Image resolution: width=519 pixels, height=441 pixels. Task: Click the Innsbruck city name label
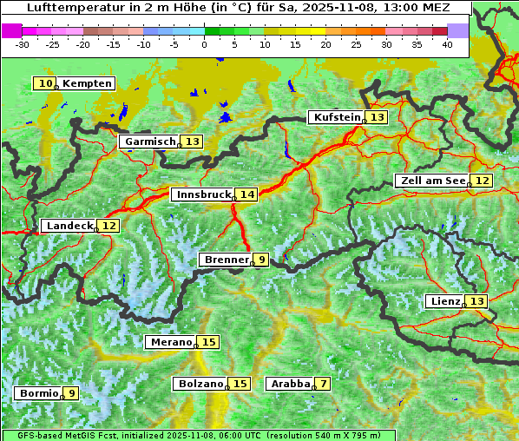[202, 194]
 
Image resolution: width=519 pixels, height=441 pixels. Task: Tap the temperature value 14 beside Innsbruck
[248, 194]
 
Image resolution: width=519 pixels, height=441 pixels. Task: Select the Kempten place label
[87, 83]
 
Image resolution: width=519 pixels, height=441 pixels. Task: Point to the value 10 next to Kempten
[45, 83]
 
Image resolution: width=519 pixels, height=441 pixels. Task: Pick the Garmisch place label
[149, 142]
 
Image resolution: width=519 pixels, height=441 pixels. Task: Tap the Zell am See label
[431, 181]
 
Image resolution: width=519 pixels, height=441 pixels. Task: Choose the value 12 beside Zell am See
[483, 181]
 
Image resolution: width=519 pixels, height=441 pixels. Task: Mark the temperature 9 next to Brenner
[261, 259]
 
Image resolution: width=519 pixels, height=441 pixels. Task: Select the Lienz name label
[443, 301]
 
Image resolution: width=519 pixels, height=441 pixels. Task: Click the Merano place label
[168, 342]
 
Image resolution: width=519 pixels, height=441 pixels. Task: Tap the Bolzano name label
[200, 384]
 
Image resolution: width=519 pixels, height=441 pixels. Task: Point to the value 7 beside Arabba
[324, 384]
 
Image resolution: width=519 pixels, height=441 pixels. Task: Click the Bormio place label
[38, 393]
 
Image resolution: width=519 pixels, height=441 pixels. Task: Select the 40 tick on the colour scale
[447, 44]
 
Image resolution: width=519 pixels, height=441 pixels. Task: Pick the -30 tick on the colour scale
[23, 44]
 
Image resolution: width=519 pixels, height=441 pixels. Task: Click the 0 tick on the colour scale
[205, 44]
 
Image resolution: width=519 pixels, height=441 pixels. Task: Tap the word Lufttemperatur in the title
[69, 7]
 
